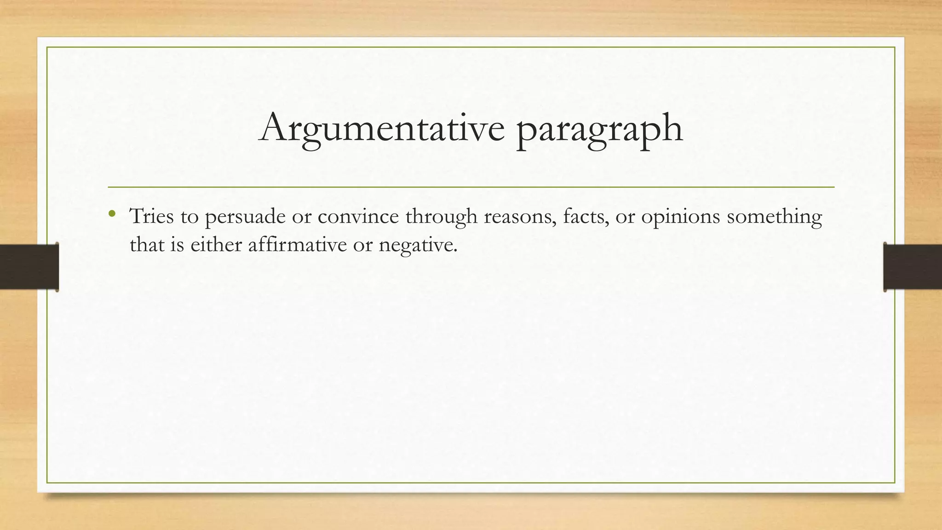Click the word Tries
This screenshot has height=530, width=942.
pyautogui.click(x=151, y=216)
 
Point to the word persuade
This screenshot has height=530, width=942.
pyautogui.click(x=245, y=217)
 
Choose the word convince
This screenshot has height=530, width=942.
pyautogui.click(x=358, y=216)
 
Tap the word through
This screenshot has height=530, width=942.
pyautogui.click(x=441, y=217)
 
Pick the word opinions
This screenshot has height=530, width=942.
pyautogui.click(x=680, y=217)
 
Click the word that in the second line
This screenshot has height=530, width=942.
pyautogui.click(x=147, y=244)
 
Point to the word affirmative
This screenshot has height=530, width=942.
pyautogui.click(x=297, y=244)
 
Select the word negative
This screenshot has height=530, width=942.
pyautogui.click(x=418, y=245)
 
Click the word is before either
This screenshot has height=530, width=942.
pyautogui.click(x=177, y=244)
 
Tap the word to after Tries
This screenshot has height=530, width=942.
pyautogui.click(x=189, y=217)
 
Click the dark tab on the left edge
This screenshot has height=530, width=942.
pyautogui.click(x=29, y=266)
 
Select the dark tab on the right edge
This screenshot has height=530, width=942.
pyautogui.click(x=913, y=266)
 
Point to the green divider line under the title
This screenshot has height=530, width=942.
pyautogui.click(x=471, y=187)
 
